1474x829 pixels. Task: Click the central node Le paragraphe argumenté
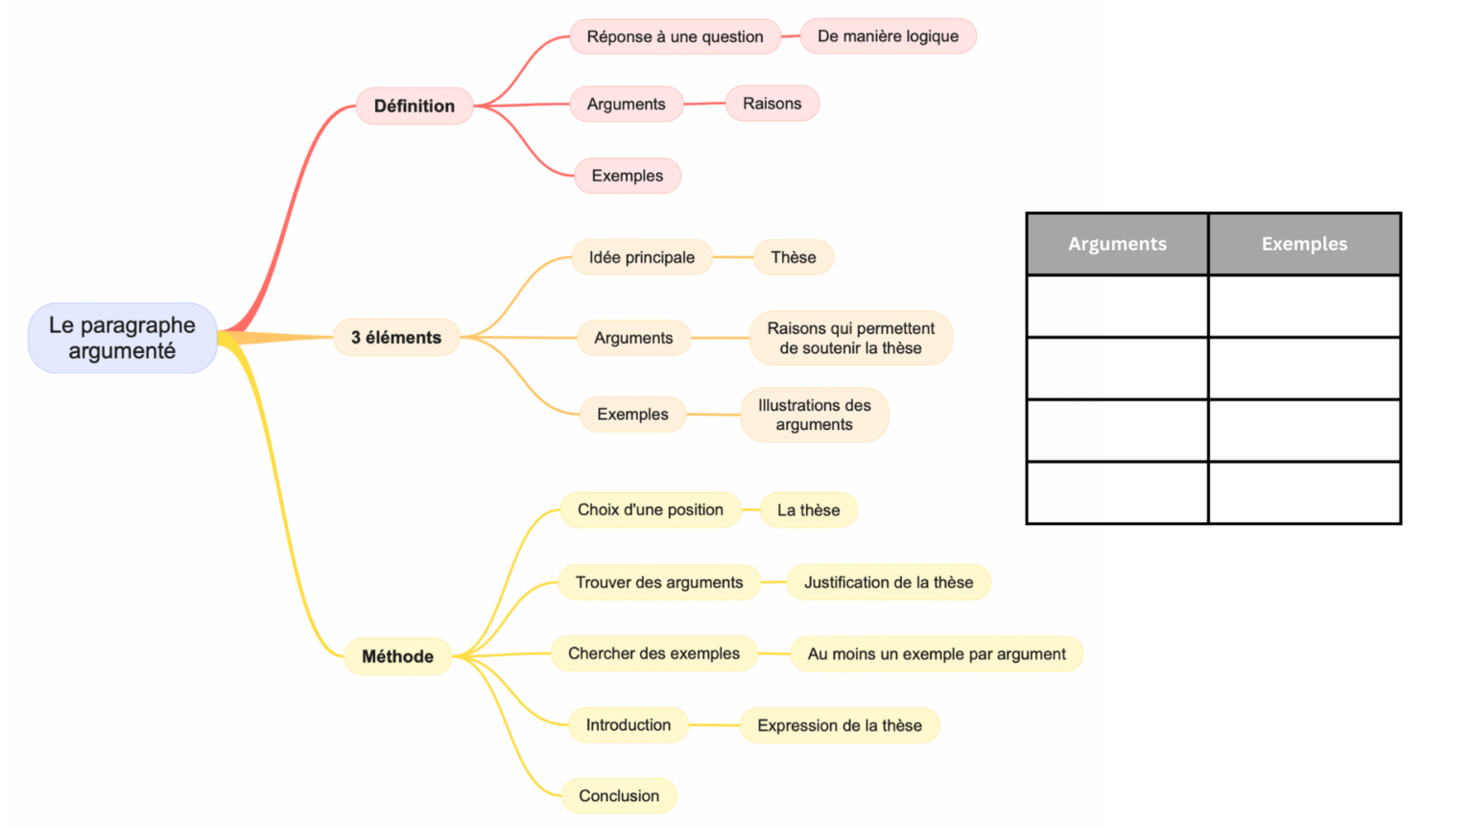pyautogui.click(x=122, y=338)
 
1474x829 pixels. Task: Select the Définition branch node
pyautogui.click(x=415, y=106)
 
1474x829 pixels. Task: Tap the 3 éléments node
pyautogui.click(x=396, y=338)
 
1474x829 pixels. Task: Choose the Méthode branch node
pyautogui.click(x=397, y=656)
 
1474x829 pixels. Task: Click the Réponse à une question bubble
pyautogui.click(x=675, y=36)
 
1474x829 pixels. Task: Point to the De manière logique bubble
pyautogui.click(x=888, y=36)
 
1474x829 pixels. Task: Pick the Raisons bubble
pyautogui.click(x=772, y=104)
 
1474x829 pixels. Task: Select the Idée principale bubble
pyautogui.click(x=641, y=257)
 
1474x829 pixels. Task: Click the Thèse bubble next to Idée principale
pyautogui.click(x=794, y=257)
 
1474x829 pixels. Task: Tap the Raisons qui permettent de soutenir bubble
pyautogui.click(x=850, y=338)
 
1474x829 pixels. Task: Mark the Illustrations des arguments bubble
pyautogui.click(x=814, y=414)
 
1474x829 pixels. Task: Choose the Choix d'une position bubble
pyautogui.click(x=650, y=509)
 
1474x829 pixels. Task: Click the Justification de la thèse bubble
pyautogui.click(x=888, y=582)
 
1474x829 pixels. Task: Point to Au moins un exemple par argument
pyautogui.click(x=937, y=653)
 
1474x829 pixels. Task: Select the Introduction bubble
pyautogui.click(x=629, y=724)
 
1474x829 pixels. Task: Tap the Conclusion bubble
pyautogui.click(x=619, y=795)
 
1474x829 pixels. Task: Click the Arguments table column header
pyautogui.click(x=1117, y=244)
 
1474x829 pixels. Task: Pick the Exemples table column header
pyautogui.click(x=1304, y=244)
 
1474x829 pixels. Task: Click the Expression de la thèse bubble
pyautogui.click(x=840, y=725)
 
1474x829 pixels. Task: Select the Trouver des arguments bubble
pyautogui.click(x=659, y=582)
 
